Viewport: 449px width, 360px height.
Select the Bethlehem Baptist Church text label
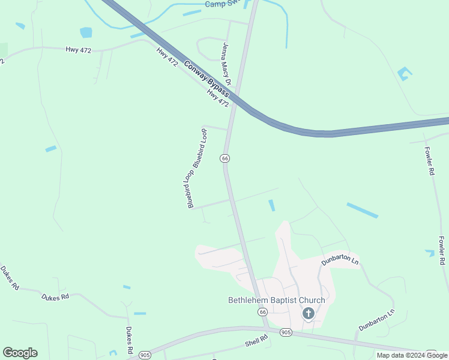[277, 300]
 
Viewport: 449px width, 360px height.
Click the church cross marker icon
[308, 313]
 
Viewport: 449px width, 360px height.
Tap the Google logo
[20, 353]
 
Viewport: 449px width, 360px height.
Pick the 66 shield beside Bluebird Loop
[224, 158]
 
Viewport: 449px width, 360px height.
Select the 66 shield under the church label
[262, 313]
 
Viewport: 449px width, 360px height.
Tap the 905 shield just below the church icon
[286, 332]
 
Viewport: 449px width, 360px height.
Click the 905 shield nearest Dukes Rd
[145, 355]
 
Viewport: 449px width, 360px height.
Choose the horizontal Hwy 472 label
[79, 50]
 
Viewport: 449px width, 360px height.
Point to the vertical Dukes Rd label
[129, 340]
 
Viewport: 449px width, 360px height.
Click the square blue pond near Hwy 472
[86, 32]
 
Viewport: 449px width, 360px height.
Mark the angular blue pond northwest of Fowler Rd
[404, 74]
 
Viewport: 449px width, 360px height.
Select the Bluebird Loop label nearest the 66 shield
[200, 146]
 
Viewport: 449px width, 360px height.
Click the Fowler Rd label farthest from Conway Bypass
[442, 250]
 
